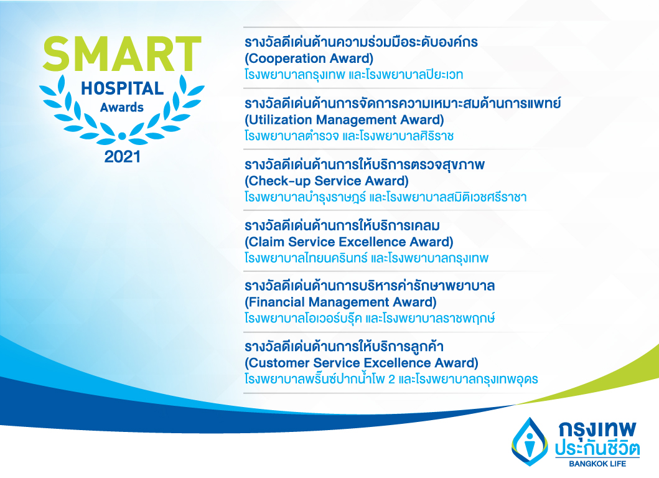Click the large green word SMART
tap(122, 54)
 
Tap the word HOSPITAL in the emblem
tap(123, 89)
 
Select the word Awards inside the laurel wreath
tap(122, 108)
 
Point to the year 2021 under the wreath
tap(123, 157)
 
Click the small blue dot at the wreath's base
tap(122, 136)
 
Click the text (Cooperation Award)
tap(309, 59)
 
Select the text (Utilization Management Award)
tap(344, 120)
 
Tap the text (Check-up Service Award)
tap(327, 181)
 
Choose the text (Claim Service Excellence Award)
tap(349, 242)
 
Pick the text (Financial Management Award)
tap(340, 302)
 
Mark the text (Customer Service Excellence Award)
tap(362, 363)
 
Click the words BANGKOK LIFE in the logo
tap(597, 464)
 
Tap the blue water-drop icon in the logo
tap(530, 441)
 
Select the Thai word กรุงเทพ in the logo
tap(597, 429)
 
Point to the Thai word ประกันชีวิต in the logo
tap(597, 448)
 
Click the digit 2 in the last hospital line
tap(391, 379)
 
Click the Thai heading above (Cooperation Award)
tap(361, 42)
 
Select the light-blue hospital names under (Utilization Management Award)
tap(349, 136)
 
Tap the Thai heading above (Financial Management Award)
tap(370, 286)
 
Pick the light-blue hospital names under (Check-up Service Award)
tap(385, 197)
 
